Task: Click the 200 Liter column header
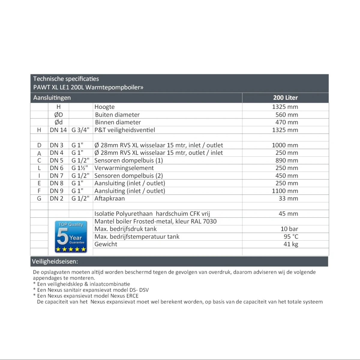285,98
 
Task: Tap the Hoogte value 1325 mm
285,107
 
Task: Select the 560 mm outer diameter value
287,115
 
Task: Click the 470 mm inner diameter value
287,122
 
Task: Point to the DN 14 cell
58,130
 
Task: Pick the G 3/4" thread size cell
80,130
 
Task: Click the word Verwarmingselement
124,168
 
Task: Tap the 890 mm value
287,160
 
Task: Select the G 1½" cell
80,168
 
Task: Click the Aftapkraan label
109,199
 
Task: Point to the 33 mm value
288,199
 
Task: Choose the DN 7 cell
57,176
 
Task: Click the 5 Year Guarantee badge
71,237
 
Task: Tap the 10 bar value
289,229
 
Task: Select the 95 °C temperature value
291,237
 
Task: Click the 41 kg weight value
291,244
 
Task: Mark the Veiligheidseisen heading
55,262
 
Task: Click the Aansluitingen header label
52,98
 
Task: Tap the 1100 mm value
285,191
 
